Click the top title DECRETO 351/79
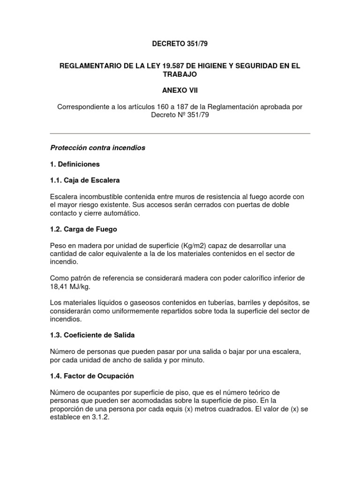[180, 45]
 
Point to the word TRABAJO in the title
[180, 75]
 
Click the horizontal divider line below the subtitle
[180, 134]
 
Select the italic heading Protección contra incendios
[97, 148]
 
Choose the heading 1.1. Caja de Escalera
[85, 180]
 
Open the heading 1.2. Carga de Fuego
[83, 229]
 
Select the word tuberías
[228, 303]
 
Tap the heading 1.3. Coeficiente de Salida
[92, 336]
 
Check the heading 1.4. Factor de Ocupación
[92, 376]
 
